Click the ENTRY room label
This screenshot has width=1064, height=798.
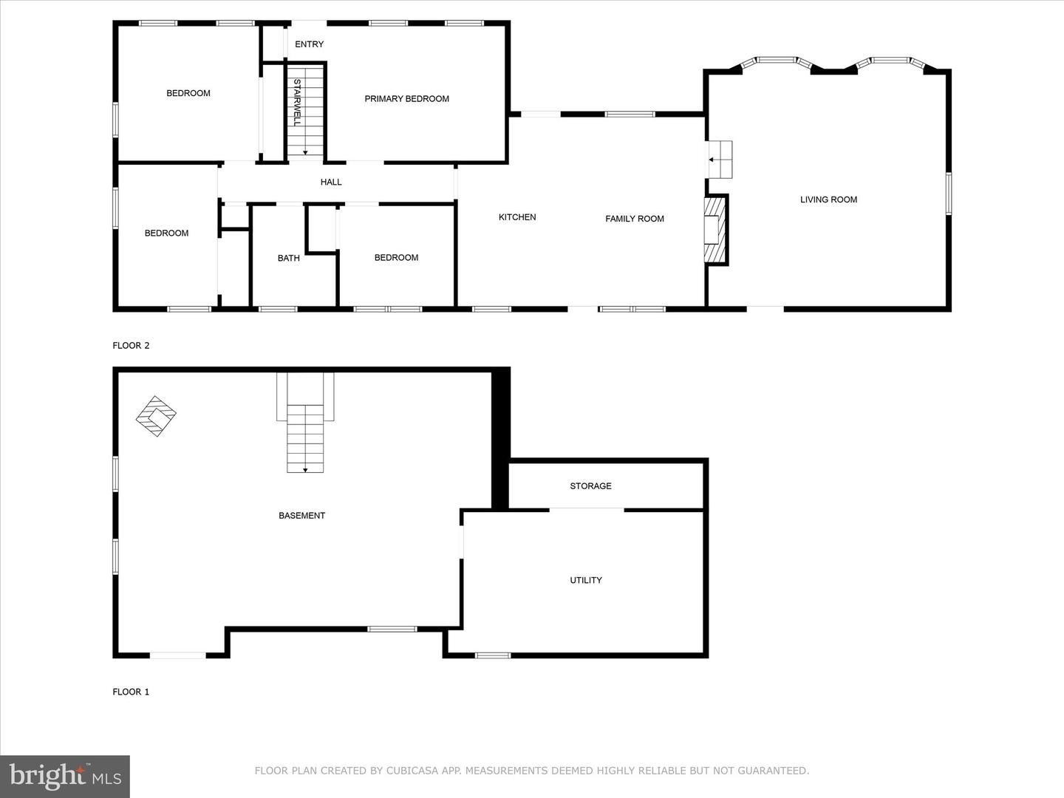(x=309, y=44)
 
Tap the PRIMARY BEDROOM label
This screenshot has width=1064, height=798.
(x=406, y=99)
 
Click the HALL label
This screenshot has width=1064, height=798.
(x=331, y=182)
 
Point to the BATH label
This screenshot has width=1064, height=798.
(x=288, y=258)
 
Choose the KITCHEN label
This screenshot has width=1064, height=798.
(x=517, y=217)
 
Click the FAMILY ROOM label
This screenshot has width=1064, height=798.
(x=634, y=219)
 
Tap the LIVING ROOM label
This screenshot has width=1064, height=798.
(x=828, y=199)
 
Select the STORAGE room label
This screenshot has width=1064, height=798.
(x=590, y=486)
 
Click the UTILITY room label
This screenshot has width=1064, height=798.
(x=585, y=580)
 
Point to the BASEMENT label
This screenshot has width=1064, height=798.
(x=301, y=516)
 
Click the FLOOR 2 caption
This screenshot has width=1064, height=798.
(x=131, y=345)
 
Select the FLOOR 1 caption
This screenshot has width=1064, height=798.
(x=131, y=692)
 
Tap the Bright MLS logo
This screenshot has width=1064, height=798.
(x=65, y=776)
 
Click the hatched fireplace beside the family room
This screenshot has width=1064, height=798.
(x=716, y=230)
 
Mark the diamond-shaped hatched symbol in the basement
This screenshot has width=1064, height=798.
(x=156, y=416)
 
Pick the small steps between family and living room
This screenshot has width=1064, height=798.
(x=720, y=159)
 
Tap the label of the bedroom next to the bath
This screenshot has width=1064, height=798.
(x=396, y=258)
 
